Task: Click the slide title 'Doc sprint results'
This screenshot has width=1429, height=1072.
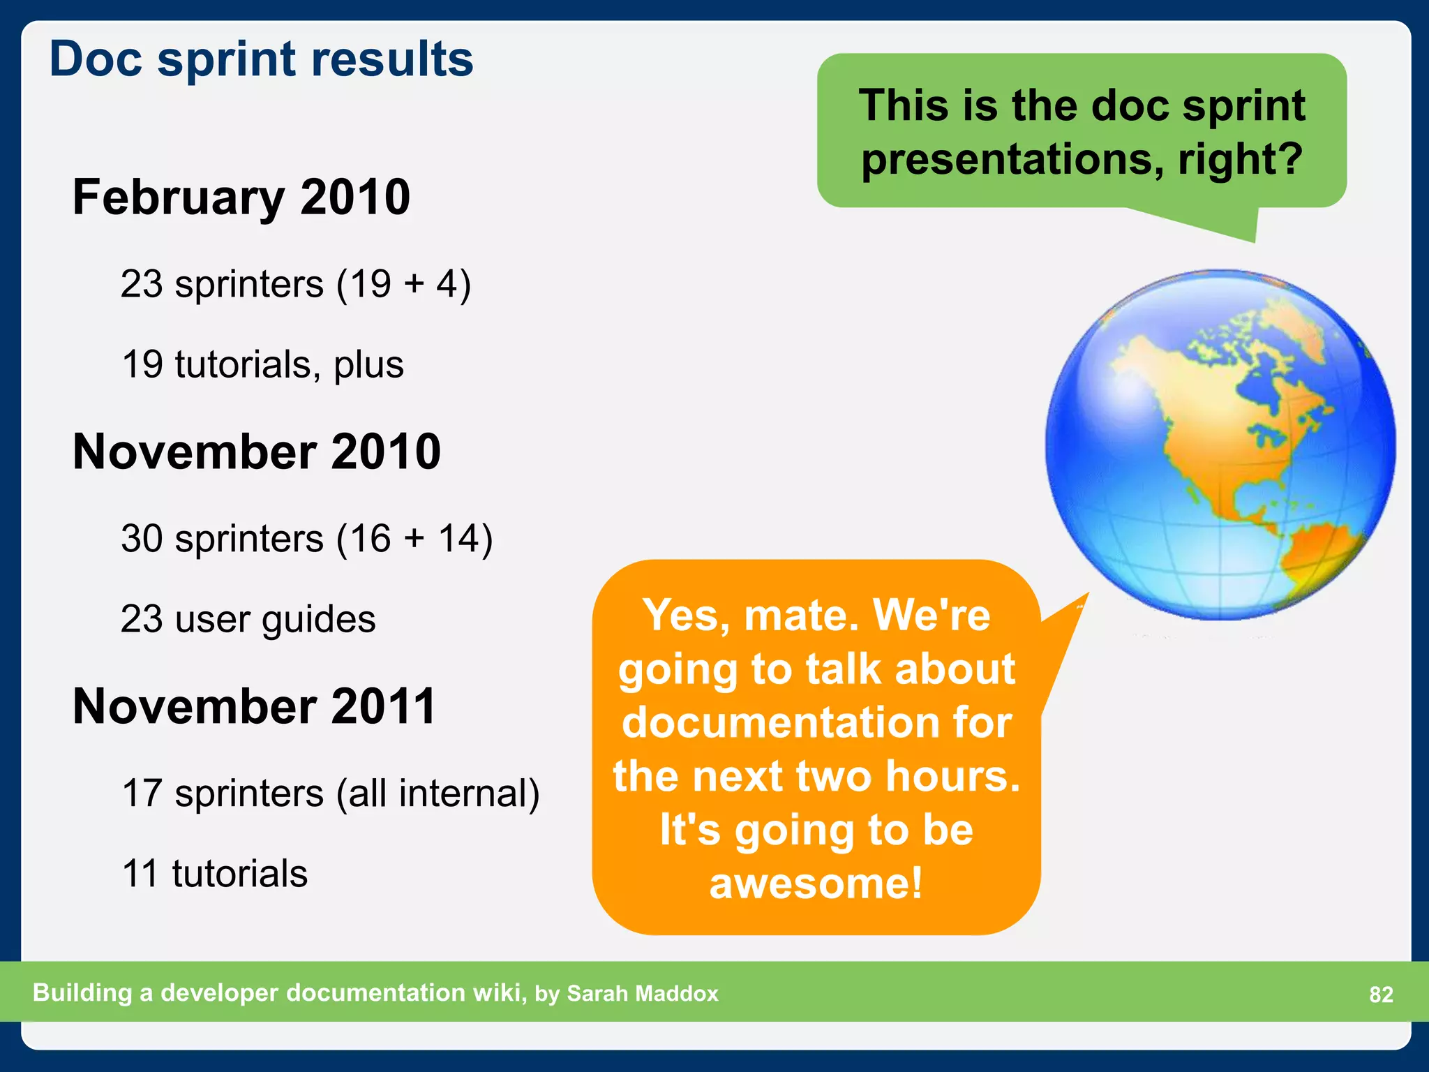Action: click(x=262, y=59)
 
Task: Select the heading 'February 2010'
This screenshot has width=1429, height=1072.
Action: click(x=241, y=198)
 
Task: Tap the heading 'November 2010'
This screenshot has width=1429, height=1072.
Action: click(x=257, y=452)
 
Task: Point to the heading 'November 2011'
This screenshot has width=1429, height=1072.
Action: click(x=255, y=706)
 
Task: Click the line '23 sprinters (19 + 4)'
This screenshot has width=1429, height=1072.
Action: click(x=296, y=285)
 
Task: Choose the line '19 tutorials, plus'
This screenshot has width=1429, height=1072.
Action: click(x=262, y=365)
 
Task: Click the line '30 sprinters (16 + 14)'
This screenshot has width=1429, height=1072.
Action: click(x=306, y=539)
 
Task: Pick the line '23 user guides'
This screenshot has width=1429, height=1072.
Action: click(x=248, y=619)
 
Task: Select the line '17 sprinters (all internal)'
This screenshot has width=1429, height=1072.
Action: click(x=330, y=794)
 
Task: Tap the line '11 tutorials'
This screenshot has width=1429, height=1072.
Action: click(x=214, y=874)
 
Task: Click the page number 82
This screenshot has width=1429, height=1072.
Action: click(x=1381, y=995)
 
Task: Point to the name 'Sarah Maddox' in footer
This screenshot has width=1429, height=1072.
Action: click(x=642, y=993)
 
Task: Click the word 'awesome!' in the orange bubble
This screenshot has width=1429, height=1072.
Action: click(x=816, y=884)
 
